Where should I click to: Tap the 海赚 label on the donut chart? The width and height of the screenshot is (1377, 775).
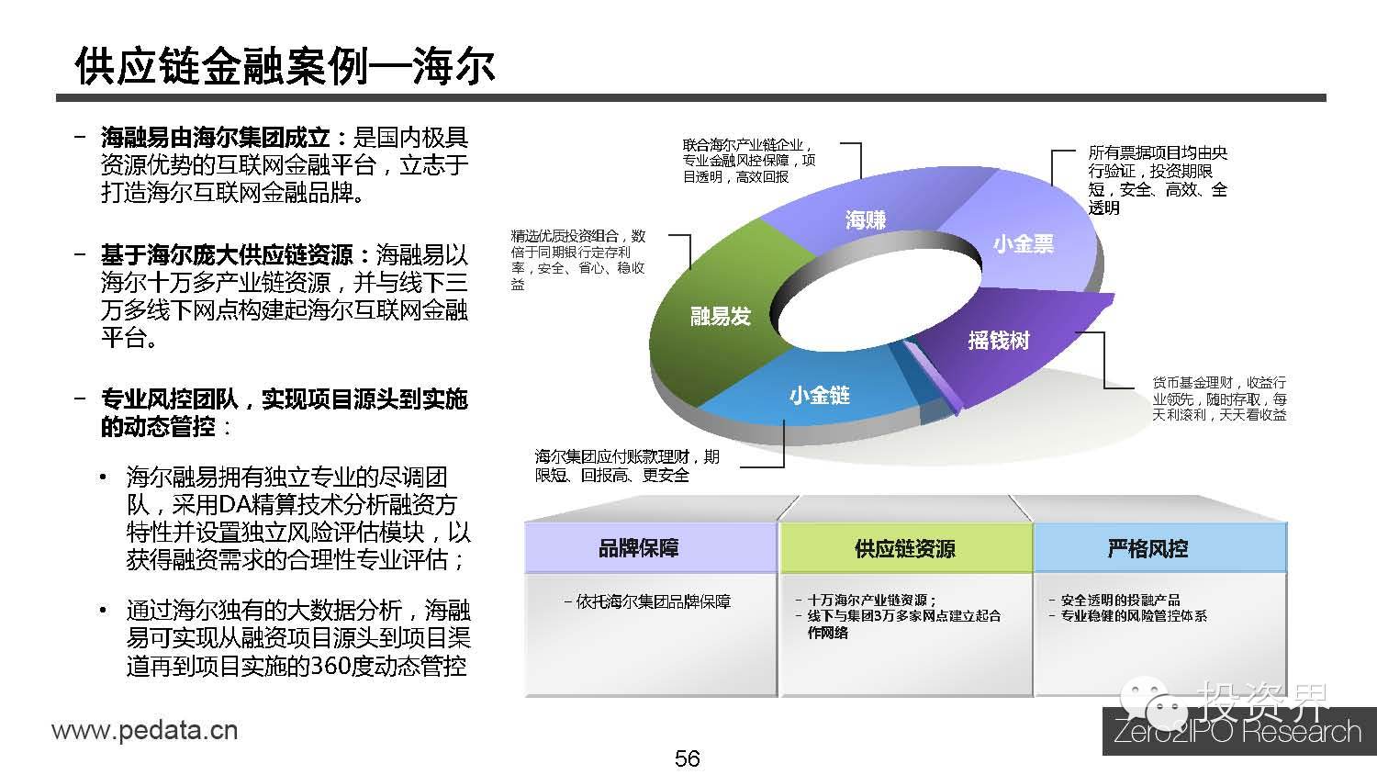[x=865, y=219]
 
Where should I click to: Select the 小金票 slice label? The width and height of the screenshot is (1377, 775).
[x=1023, y=243]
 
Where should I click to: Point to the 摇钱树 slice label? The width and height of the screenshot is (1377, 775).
[x=999, y=340]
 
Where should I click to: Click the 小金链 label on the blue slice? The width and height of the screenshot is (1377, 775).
[x=819, y=395]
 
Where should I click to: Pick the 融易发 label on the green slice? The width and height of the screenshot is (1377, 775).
[x=721, y=316]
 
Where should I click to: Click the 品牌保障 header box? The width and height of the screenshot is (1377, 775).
[x=639, y=548]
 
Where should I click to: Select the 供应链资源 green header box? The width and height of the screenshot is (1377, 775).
[x=904, y=548]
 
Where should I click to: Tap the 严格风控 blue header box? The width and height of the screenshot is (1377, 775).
[x=1147, y=548]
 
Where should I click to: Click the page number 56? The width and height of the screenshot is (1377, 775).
[x=688, y=758]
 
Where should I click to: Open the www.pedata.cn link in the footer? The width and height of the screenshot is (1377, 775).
[x=145, y=731]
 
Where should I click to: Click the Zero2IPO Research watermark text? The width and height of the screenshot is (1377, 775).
[x=1237, y=732]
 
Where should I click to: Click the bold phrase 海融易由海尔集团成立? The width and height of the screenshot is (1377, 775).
[x=215, y=139]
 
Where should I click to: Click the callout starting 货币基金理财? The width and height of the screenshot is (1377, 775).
[x=1219, y=399]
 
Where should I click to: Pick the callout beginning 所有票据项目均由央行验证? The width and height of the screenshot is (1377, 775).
[x=1158, y=180]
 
